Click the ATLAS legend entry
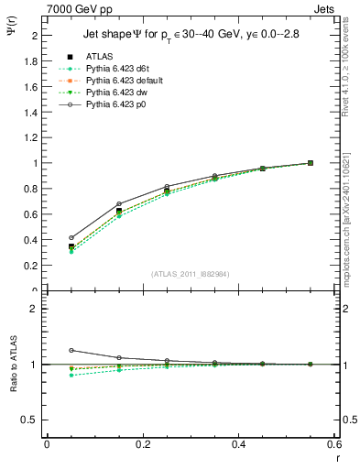[99, 57]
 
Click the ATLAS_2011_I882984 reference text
[190, 274]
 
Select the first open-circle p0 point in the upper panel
[71, 237]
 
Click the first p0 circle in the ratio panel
[71, 350]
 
